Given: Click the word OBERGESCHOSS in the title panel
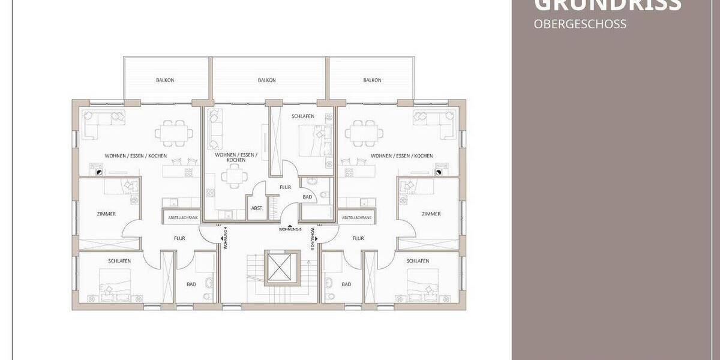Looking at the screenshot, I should pyautogui.click(x=571, y=25).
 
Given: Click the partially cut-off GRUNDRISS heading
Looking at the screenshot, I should pyautogui.click(x=607, y=5).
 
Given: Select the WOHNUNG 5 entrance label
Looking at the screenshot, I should pyautogui.click(x=289, y=229).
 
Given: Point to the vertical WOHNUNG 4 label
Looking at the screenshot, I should pyautogui.click(x=225, y=238).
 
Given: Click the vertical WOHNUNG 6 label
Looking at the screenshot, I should pyautogui.click(x=313, y=238).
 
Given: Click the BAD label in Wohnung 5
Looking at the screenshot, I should pyautogui.click(x=307, y=196).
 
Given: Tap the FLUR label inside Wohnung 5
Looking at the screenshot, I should pyautogui.click(x=286, y=187).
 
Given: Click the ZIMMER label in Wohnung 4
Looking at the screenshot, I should pyautogui.click(x=106, y=214).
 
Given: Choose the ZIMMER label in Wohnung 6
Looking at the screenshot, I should pyautogui.click(x=431, y=214).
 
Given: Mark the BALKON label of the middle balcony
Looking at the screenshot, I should pyautogui.click(x=266, y=80).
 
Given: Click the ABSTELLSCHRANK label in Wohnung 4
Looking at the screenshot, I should pyautogui.click(x=180, y=217).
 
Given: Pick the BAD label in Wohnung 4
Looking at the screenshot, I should pyautogui.click(x=191, y=284).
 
